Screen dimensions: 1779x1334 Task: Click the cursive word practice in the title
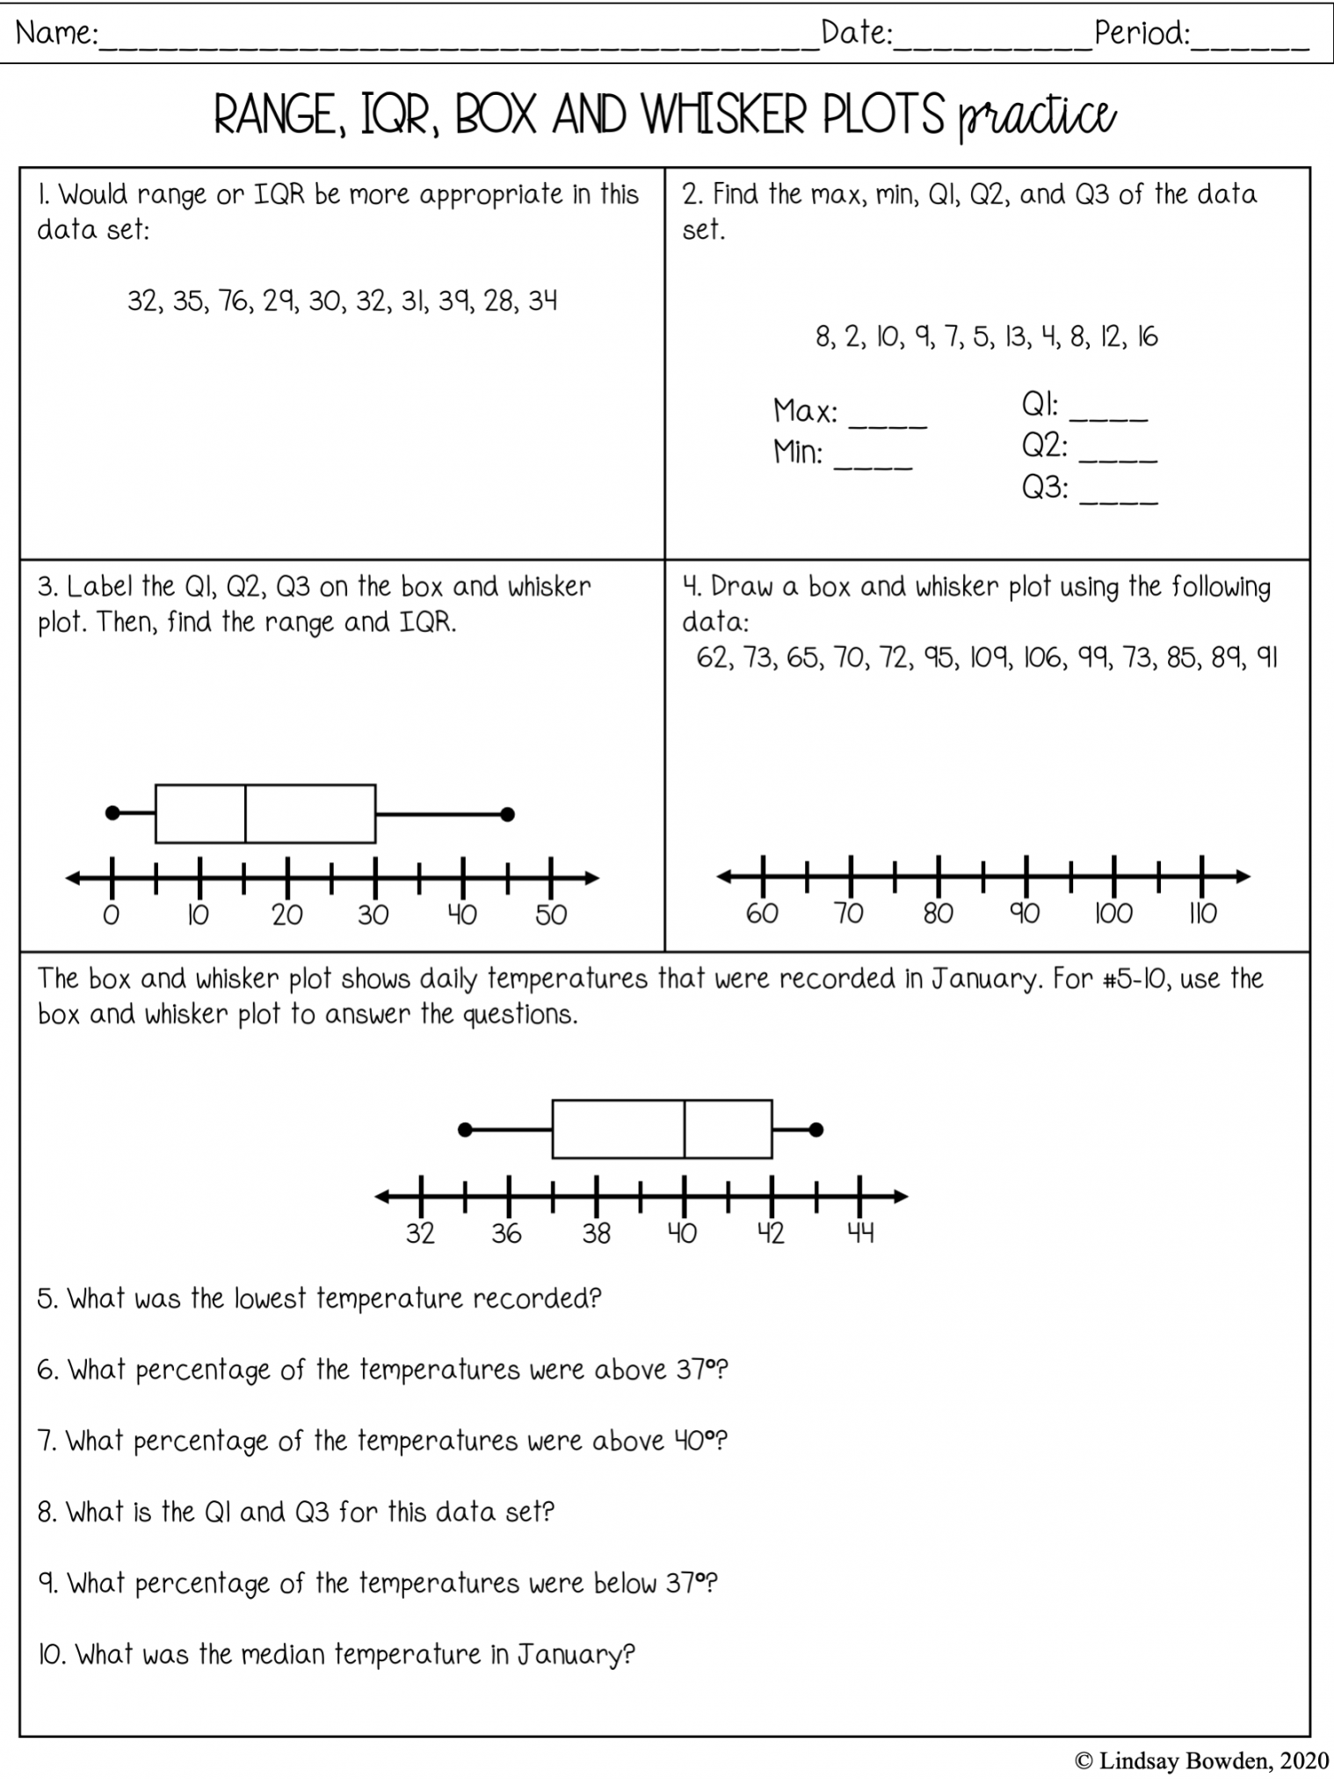click(1037, 116)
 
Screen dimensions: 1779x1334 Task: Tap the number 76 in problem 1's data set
click(235, 301)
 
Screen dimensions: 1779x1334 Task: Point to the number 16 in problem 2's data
click(1147, 337)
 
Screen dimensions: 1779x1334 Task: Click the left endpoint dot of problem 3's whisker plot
click(112, 813)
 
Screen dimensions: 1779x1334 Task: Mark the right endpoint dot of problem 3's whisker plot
click(507, 814)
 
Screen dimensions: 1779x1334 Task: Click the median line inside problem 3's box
click(245, 813)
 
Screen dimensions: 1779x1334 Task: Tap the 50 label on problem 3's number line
click(551, 916)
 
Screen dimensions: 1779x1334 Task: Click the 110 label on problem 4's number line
click(1202, 914)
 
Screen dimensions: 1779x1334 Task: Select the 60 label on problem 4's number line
click(762, 914)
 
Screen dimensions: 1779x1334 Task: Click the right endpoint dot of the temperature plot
click(816, 1129)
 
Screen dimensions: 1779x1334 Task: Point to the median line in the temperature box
click(685, 1129)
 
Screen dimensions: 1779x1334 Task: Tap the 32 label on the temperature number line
click(420, 1234)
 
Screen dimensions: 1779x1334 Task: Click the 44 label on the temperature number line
click(860, 1234)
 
